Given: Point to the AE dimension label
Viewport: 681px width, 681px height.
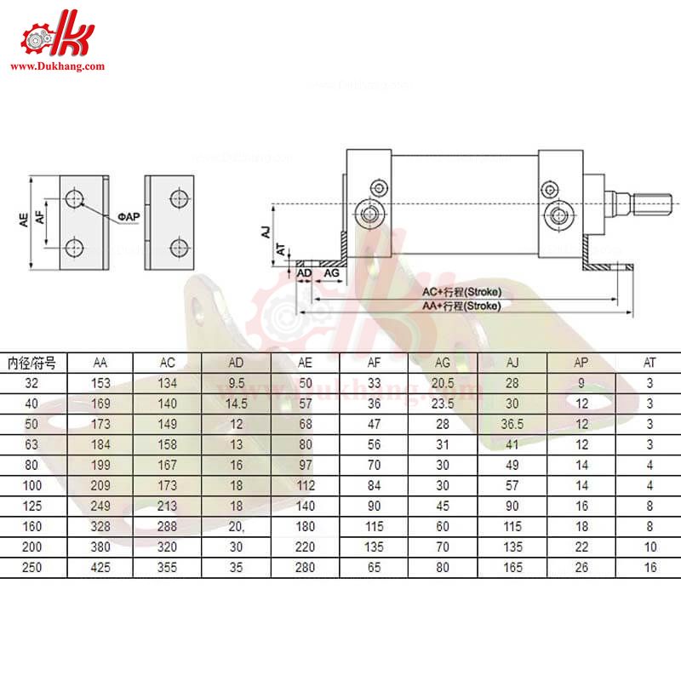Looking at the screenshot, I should coord(25,220).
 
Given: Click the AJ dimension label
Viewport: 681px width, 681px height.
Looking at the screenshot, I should coord(265,231).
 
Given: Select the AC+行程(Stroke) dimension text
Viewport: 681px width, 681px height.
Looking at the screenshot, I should coord(463,291).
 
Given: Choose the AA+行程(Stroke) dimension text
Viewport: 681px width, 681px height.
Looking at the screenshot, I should coord(463,305).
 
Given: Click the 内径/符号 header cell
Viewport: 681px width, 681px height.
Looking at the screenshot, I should coord(32,362).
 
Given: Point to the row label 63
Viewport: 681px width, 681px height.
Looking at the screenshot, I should coord(32,445).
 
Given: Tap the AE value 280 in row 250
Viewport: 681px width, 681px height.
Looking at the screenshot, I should coord(306,568).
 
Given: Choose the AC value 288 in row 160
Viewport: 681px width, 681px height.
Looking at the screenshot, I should coord(168,527).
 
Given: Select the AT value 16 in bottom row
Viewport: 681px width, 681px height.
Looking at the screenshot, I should coord(650,568).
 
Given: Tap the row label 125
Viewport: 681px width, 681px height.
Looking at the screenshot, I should coord(32,506).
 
